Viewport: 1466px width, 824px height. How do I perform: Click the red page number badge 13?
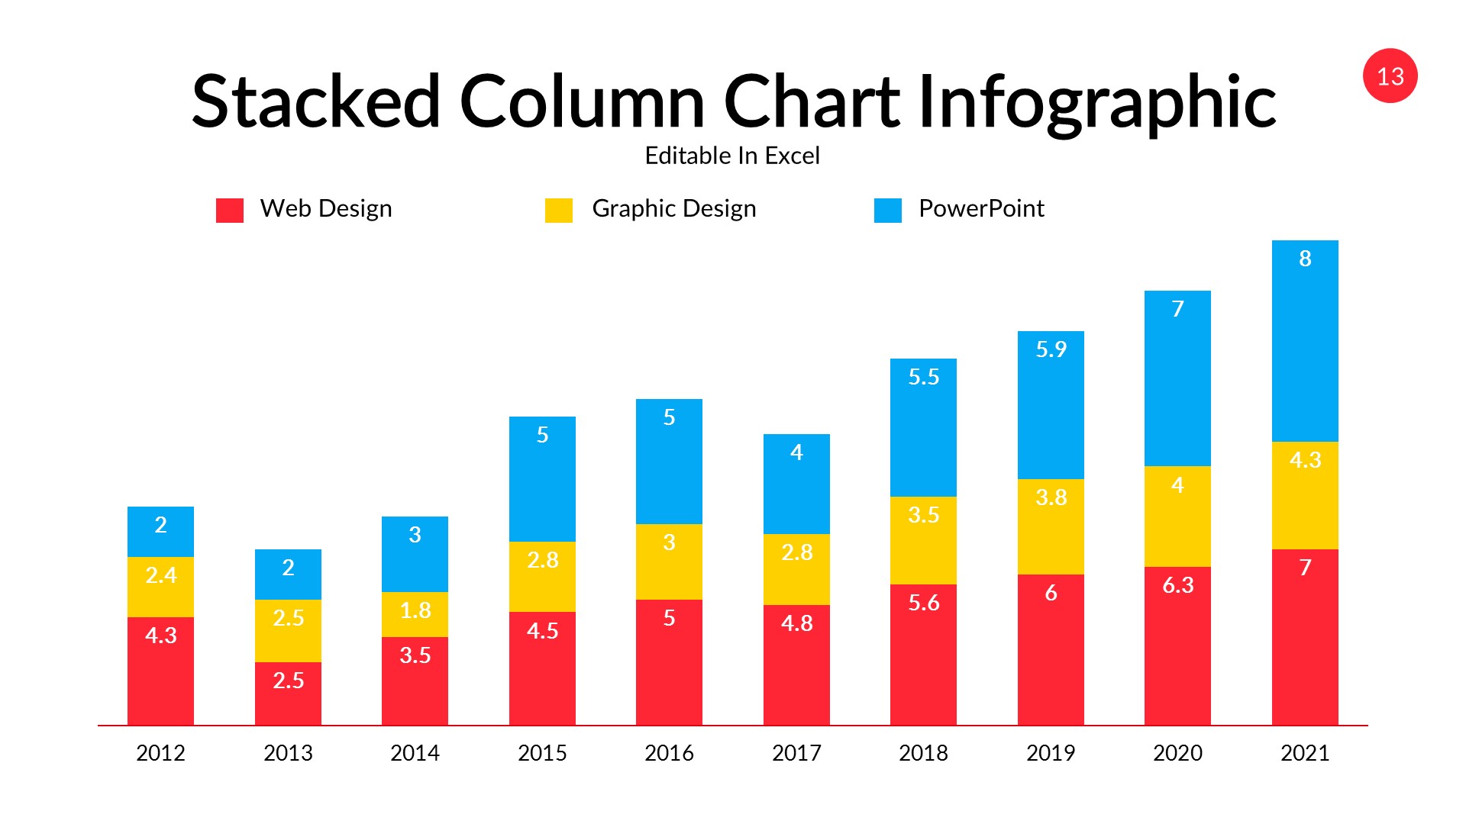1390,76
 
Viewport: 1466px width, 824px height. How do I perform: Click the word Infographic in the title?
1096,102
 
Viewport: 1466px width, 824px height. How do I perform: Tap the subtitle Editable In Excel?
731,156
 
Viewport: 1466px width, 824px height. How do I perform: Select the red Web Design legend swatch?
229,210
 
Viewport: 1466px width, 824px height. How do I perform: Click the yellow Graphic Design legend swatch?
558,210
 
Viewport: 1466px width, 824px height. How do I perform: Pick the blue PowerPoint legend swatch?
887,210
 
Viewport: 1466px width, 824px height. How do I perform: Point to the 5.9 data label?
1050,349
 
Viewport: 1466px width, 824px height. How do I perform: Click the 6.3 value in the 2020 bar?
1177,585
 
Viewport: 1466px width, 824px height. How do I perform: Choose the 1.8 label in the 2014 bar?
415,610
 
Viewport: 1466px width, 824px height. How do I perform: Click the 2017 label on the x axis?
796,753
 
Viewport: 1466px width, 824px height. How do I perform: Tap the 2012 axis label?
160,753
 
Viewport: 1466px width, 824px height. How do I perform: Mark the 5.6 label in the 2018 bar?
922,603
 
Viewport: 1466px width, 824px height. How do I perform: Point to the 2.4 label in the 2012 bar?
160,575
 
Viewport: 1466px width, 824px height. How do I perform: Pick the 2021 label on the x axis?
1304,753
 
